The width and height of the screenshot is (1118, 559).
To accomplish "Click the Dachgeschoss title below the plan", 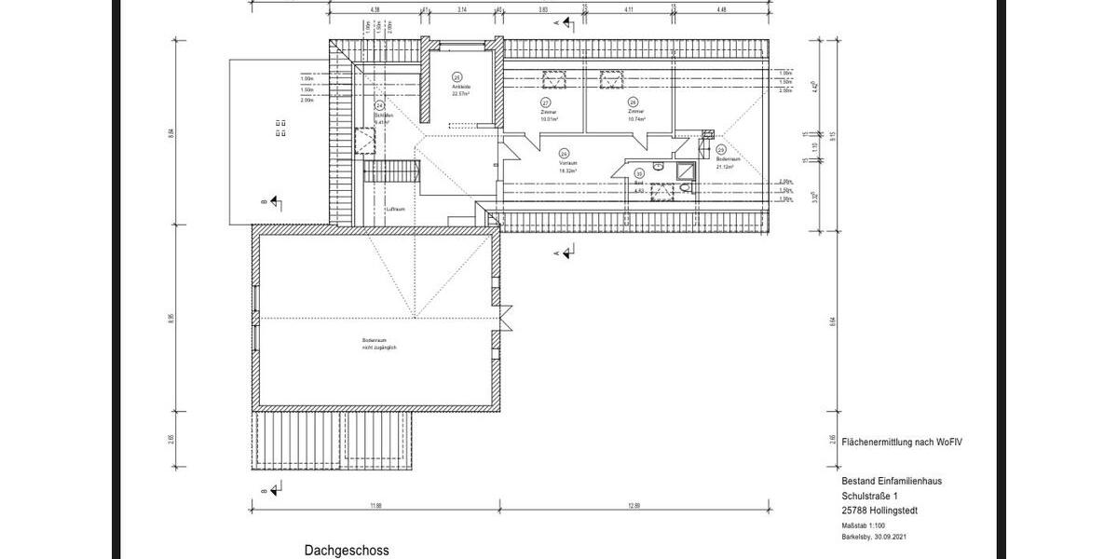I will (346, 551).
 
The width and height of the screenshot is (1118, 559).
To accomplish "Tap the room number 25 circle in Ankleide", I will (457, 77).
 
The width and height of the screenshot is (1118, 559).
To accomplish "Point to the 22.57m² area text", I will (460, 94).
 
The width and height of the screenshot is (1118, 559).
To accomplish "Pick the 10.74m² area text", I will (636, 118).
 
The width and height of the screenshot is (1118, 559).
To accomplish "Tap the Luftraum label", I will (395, 210).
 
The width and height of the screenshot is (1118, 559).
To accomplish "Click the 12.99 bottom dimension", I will (634, 506).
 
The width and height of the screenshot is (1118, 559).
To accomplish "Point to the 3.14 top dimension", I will (461, 9).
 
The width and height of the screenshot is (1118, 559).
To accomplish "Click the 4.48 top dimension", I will (721, 9).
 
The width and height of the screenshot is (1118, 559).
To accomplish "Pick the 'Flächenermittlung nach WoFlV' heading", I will (900, 442).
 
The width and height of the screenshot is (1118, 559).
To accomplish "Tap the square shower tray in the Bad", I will (686, 169).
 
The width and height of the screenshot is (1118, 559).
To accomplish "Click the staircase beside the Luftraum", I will (389, 171).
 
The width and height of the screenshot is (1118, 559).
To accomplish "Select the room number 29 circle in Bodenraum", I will (721, 149).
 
